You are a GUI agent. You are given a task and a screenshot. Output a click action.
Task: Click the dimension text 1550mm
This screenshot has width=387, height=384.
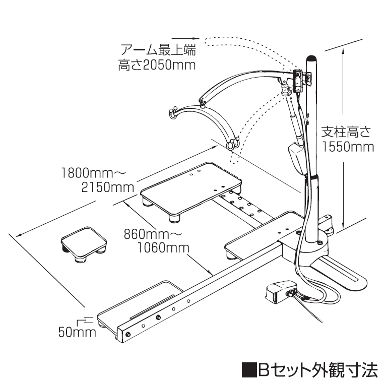point(347,147)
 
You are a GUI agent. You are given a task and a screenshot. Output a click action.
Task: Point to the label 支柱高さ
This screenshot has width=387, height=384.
point(347,133)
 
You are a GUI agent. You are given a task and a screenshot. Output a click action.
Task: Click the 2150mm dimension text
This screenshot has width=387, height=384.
point(107,187)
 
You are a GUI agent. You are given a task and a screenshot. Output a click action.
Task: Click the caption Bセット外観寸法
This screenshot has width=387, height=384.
point(317,370)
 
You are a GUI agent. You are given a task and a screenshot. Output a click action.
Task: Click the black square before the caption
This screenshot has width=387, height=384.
point(248,371)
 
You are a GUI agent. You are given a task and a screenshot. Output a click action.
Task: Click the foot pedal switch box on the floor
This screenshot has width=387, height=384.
point(280,292)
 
